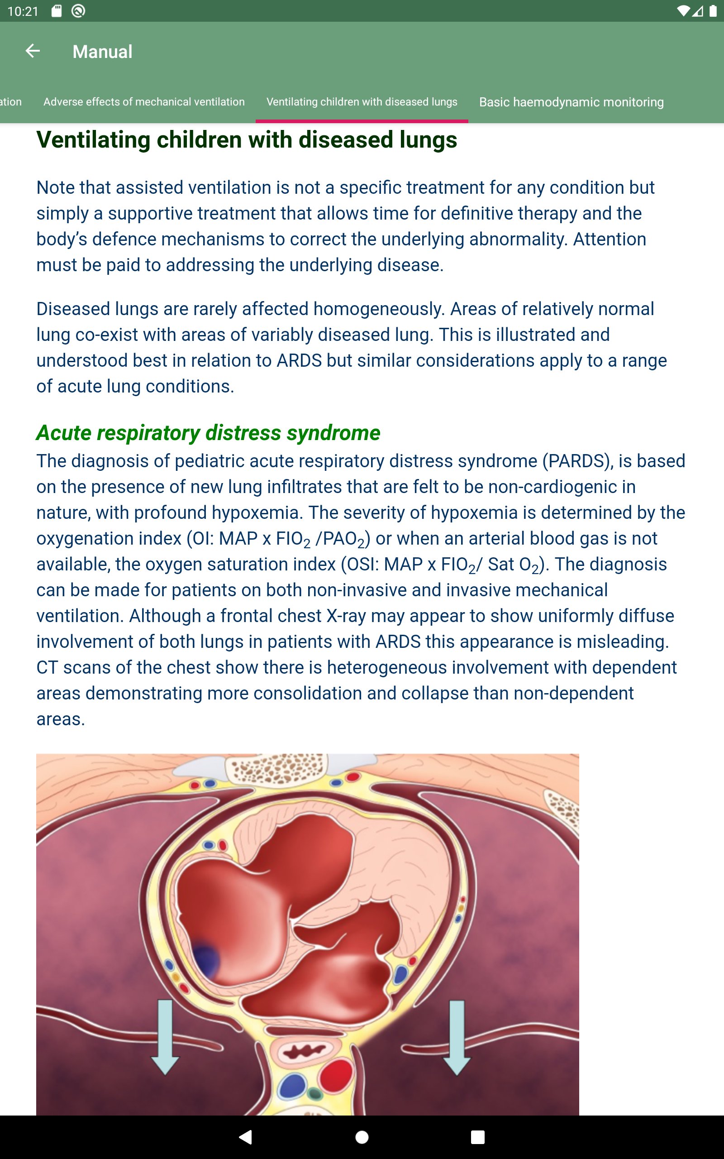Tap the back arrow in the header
(x=33, y=51)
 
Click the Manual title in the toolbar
(x=102, y=52)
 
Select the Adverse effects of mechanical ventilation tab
(x=143, y=102)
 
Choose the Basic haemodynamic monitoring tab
(x=571, y=102)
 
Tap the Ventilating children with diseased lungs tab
(x=362, y=102)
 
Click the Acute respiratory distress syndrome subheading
(x=208, y=433)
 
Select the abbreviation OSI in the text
(x=361, y=564)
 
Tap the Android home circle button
(x=362, y=1137)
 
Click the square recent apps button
(x=477, y=1137)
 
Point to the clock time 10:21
(x=23, y=11)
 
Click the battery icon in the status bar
(x=713, y=11)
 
